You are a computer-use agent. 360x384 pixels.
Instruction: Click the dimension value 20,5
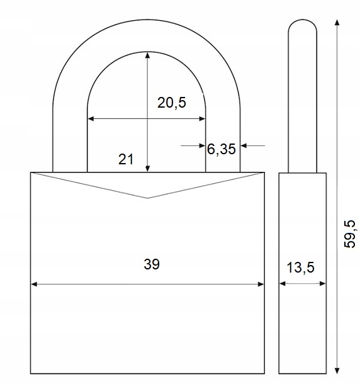(x=171, y=103)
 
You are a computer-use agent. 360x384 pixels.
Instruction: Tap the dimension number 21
(x=126, y=159)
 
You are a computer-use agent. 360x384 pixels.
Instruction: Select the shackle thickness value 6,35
(x=221, y=149)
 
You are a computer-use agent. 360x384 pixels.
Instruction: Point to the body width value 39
(x=152, y=264)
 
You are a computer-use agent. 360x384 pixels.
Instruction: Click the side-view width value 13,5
(x=300, y=268)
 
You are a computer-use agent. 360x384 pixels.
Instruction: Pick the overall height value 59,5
(x=349, y=234)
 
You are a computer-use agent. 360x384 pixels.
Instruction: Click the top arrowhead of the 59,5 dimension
(x=337, y=23)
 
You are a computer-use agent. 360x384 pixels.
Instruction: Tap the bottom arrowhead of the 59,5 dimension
(x=337, y=371)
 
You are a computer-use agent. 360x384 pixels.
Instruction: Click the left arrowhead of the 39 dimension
(x=34, y=284)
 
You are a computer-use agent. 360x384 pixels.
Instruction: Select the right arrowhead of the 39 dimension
(x=261, y=284)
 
